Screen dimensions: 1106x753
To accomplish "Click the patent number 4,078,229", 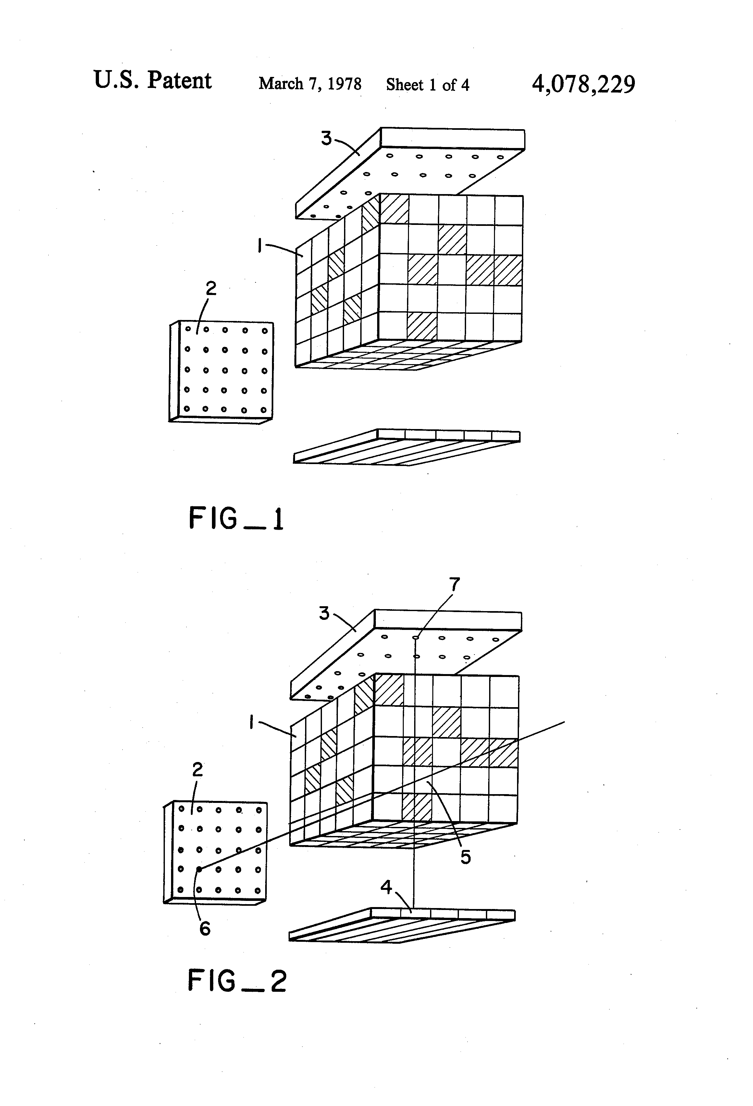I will [x=583, y=84].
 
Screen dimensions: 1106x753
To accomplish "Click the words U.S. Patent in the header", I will [x=152, y=80].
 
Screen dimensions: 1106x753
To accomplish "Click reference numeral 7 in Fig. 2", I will [x=455, y=584].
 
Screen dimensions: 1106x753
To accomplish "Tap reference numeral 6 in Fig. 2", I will [x=205, y=928].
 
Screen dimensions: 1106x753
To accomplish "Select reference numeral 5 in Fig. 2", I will [x=465, y=857].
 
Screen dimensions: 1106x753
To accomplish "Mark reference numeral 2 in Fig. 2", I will [x=197, y=769].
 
